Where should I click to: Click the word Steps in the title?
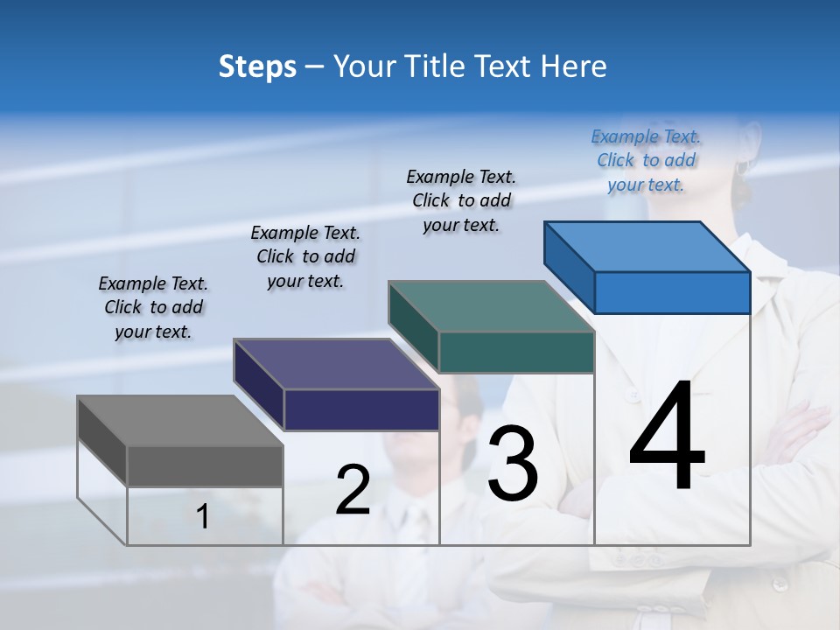coord(257,66)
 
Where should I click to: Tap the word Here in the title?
coord(575,66)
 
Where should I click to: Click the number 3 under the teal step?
coord(513,464)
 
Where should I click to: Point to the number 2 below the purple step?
coord(353,490)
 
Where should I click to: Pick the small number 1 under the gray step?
coord(203,517)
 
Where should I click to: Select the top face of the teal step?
coord(490,306)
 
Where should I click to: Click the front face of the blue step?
coord(672,292)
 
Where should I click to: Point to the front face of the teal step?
coord(516,352)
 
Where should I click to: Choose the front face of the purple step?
coord(361,409)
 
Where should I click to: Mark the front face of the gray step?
coord(205,465)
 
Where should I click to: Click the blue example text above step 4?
coord(646,160)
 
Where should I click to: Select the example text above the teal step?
coord(461,200)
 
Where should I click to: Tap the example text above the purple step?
coord(305,256)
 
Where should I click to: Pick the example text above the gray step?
coord(153,307)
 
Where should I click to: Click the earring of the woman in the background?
coord(742,166)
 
